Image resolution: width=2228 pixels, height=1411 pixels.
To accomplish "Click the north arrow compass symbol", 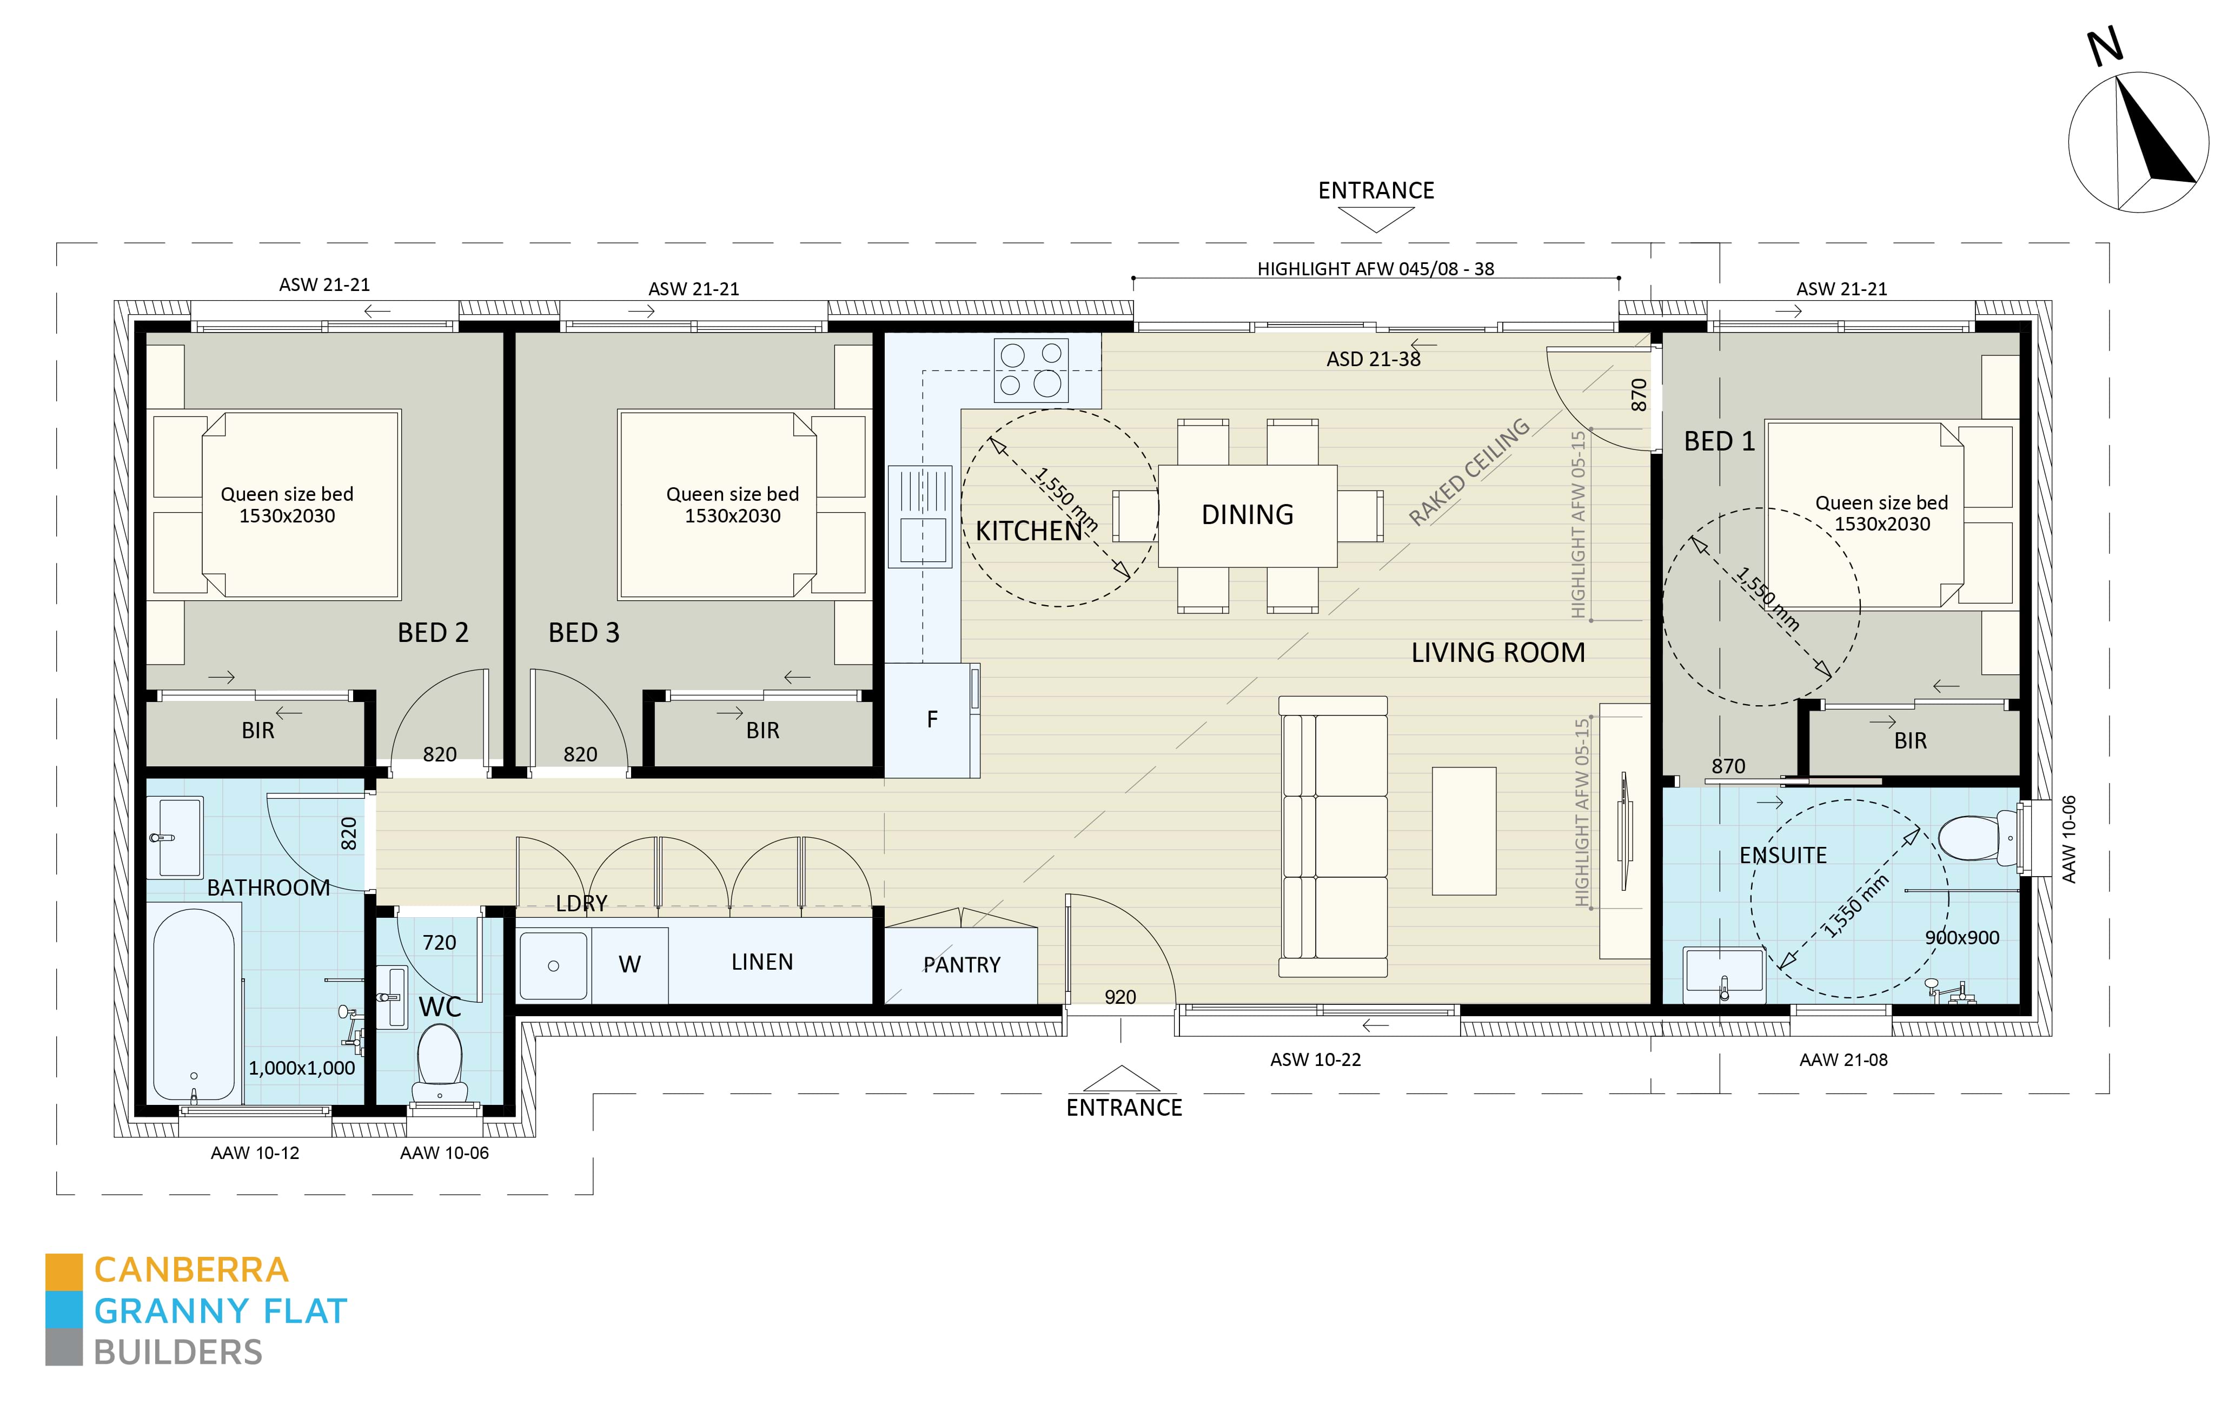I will (2138, 142).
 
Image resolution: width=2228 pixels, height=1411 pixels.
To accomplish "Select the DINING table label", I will (1247, 514).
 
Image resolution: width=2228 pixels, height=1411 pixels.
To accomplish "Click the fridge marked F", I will (932, 719).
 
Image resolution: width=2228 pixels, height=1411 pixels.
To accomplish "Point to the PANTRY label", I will (962, 965).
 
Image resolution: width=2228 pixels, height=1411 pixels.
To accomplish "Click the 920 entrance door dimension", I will (1119, 997).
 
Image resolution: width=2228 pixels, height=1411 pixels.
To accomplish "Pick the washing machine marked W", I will (629, 964).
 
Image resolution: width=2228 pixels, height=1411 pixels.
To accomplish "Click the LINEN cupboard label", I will (761, 962).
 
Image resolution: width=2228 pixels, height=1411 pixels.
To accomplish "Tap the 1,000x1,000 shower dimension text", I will (302, 1068).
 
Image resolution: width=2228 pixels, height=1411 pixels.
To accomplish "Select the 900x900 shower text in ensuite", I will (1961, 937).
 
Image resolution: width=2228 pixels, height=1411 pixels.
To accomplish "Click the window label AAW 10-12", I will (255, 1153).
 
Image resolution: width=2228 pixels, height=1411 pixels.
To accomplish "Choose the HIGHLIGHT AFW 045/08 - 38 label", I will (1375, 269).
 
